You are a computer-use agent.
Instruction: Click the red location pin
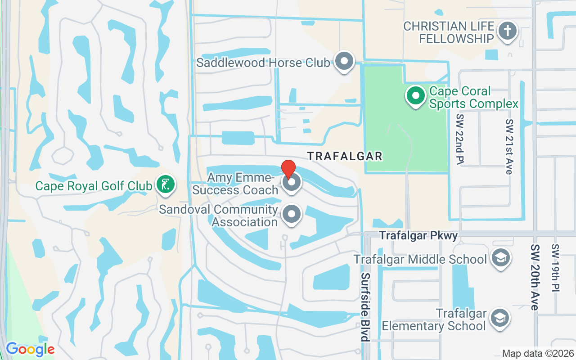coord(288,170)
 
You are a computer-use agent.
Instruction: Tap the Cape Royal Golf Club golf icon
coord(166,184)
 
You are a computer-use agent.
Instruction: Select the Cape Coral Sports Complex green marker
coord(416,96)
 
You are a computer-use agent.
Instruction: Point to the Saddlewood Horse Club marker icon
coord(345,61)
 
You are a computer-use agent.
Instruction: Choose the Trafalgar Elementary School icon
coord(500,318)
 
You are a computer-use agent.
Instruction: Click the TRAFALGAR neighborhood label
coord(345,156)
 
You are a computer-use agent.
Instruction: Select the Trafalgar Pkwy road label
coord(418,235)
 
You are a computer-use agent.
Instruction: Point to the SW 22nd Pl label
coord(460,139)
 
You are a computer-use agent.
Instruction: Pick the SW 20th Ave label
coord(535,277)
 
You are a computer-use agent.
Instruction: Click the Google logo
coord(30,349)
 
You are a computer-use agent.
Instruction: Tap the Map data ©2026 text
coord(537,354)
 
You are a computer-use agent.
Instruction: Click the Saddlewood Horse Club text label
coord(263,63)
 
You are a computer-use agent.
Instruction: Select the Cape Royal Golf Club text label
coord(93,185)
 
